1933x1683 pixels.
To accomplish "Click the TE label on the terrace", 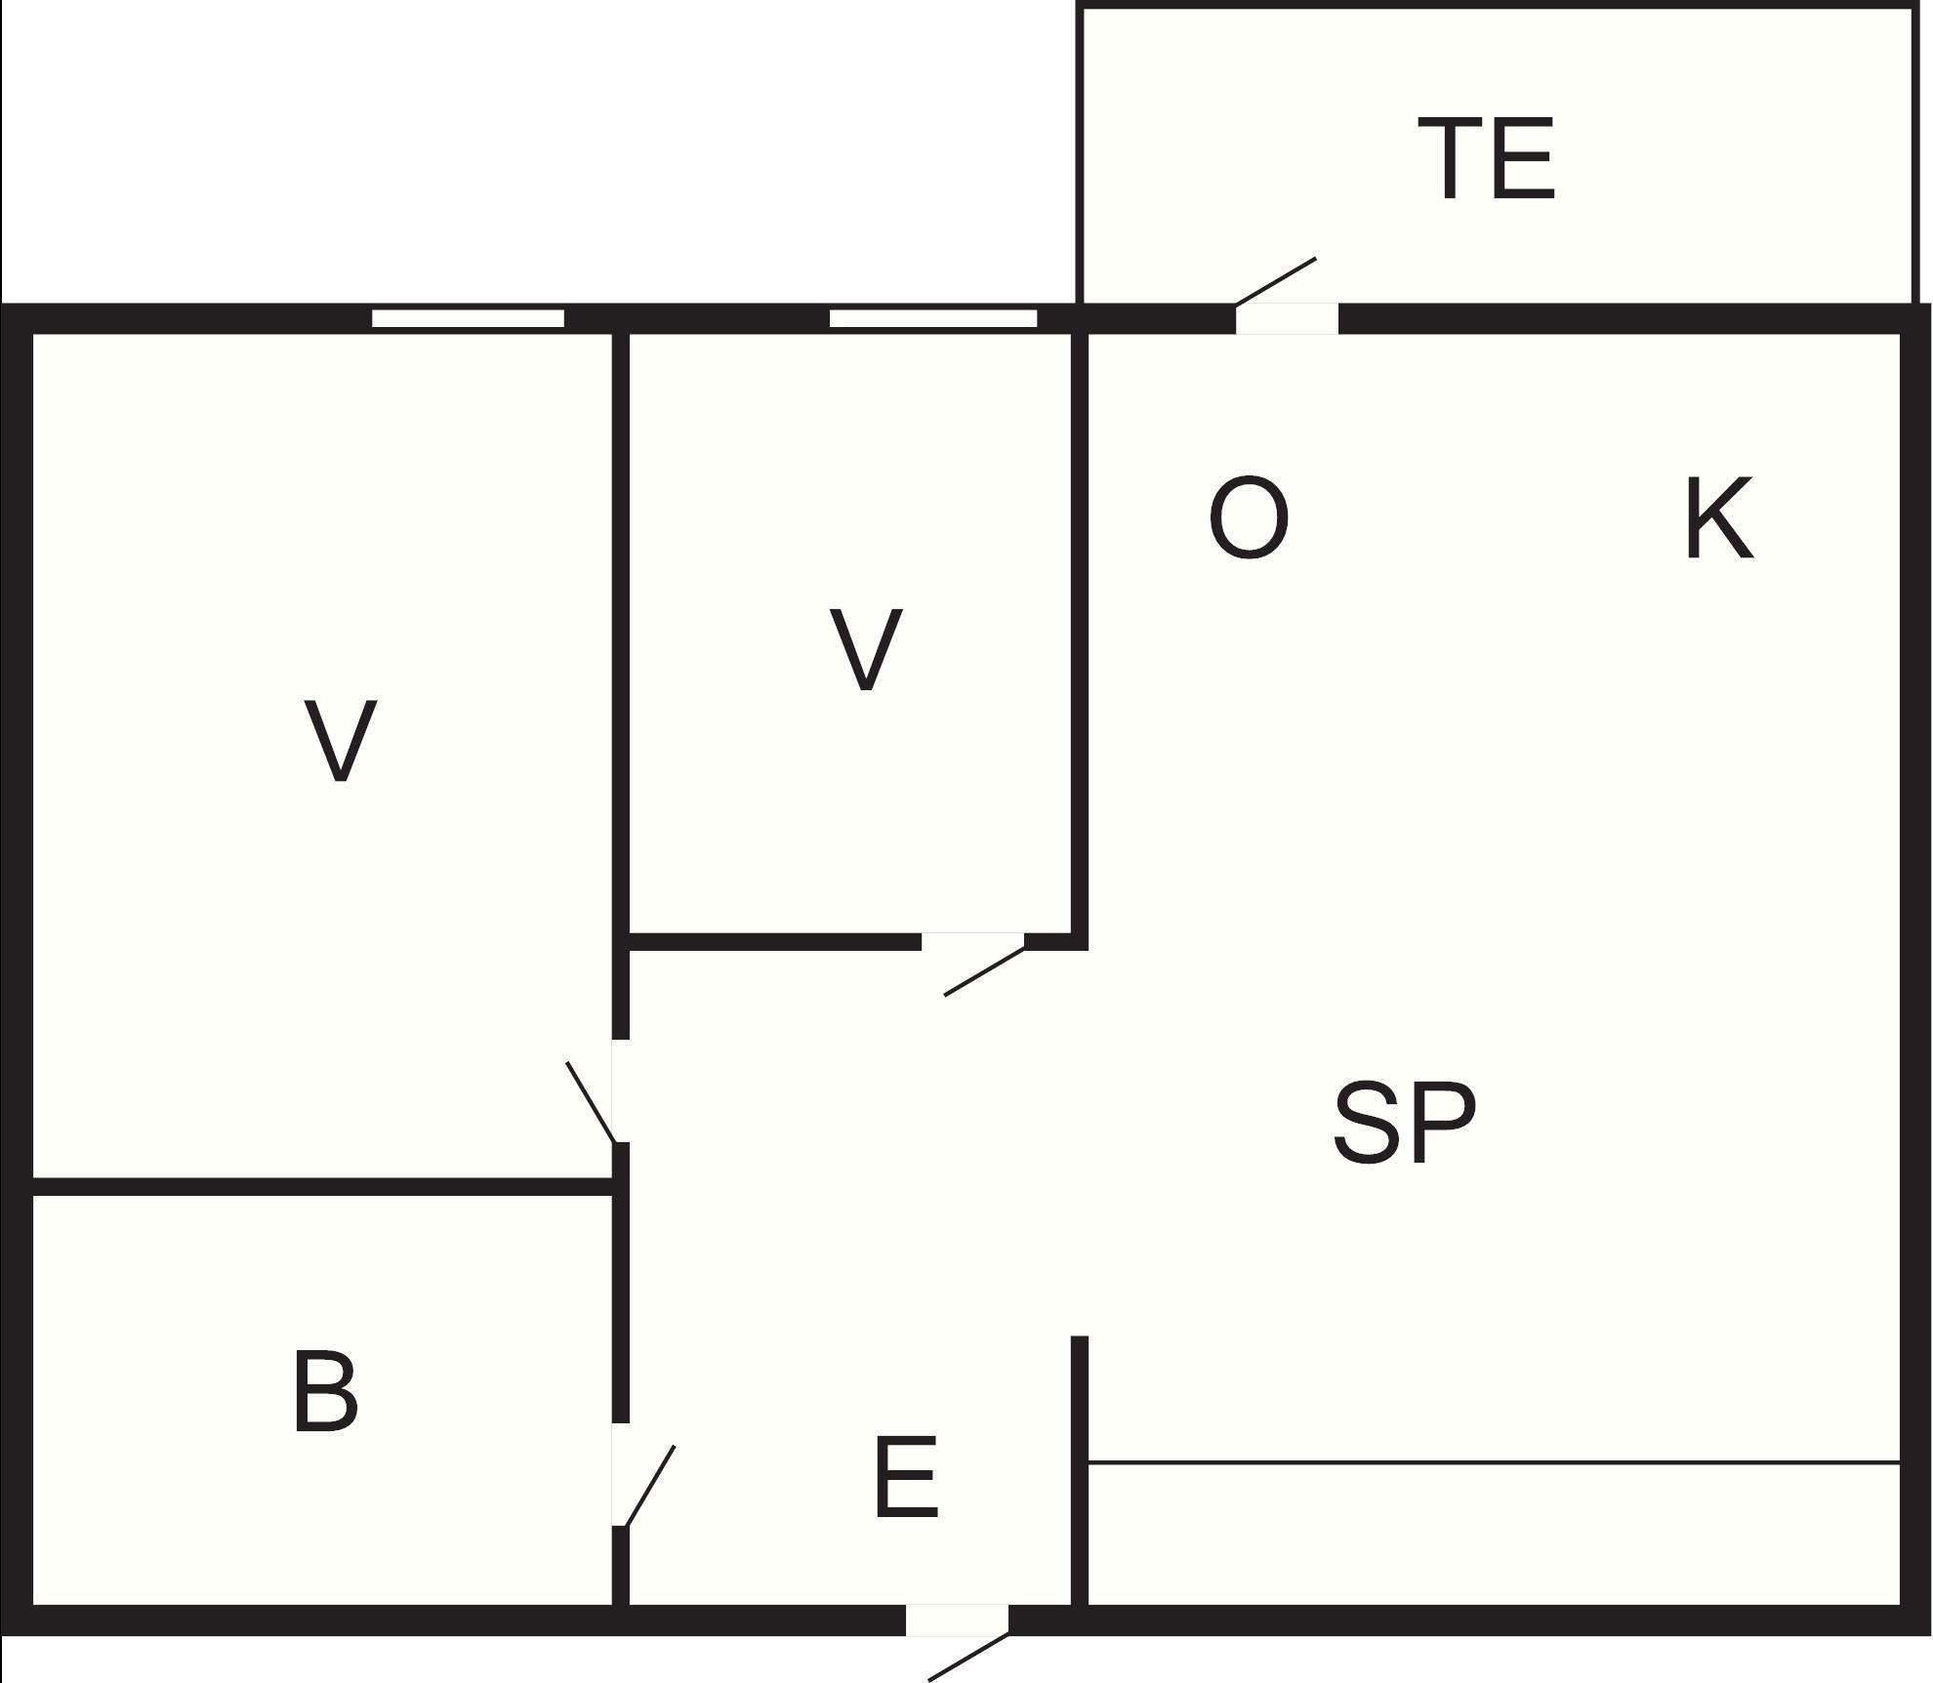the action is (1486, 159).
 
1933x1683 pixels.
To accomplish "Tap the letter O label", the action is (1249, 517).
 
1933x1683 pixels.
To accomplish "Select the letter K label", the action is (1719, 517).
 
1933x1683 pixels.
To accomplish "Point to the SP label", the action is (1404, 1123).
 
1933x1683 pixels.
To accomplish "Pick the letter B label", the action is (325, 1391).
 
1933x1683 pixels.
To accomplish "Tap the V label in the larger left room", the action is (341, 740).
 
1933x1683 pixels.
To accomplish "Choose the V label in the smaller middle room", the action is (866, 649).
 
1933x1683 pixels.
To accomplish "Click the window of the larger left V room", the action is (468, 318).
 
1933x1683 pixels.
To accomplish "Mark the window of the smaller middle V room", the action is (933, 318).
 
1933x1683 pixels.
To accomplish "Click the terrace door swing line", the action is (1276, 281).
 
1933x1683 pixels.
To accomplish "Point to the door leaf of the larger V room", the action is (592, 1101).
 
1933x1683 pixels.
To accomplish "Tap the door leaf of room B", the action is (649, 1485).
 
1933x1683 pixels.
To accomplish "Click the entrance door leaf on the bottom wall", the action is (967, 1657).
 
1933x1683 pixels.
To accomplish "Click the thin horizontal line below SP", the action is (1494, 1462).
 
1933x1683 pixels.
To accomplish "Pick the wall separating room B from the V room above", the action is (322, 1187).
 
